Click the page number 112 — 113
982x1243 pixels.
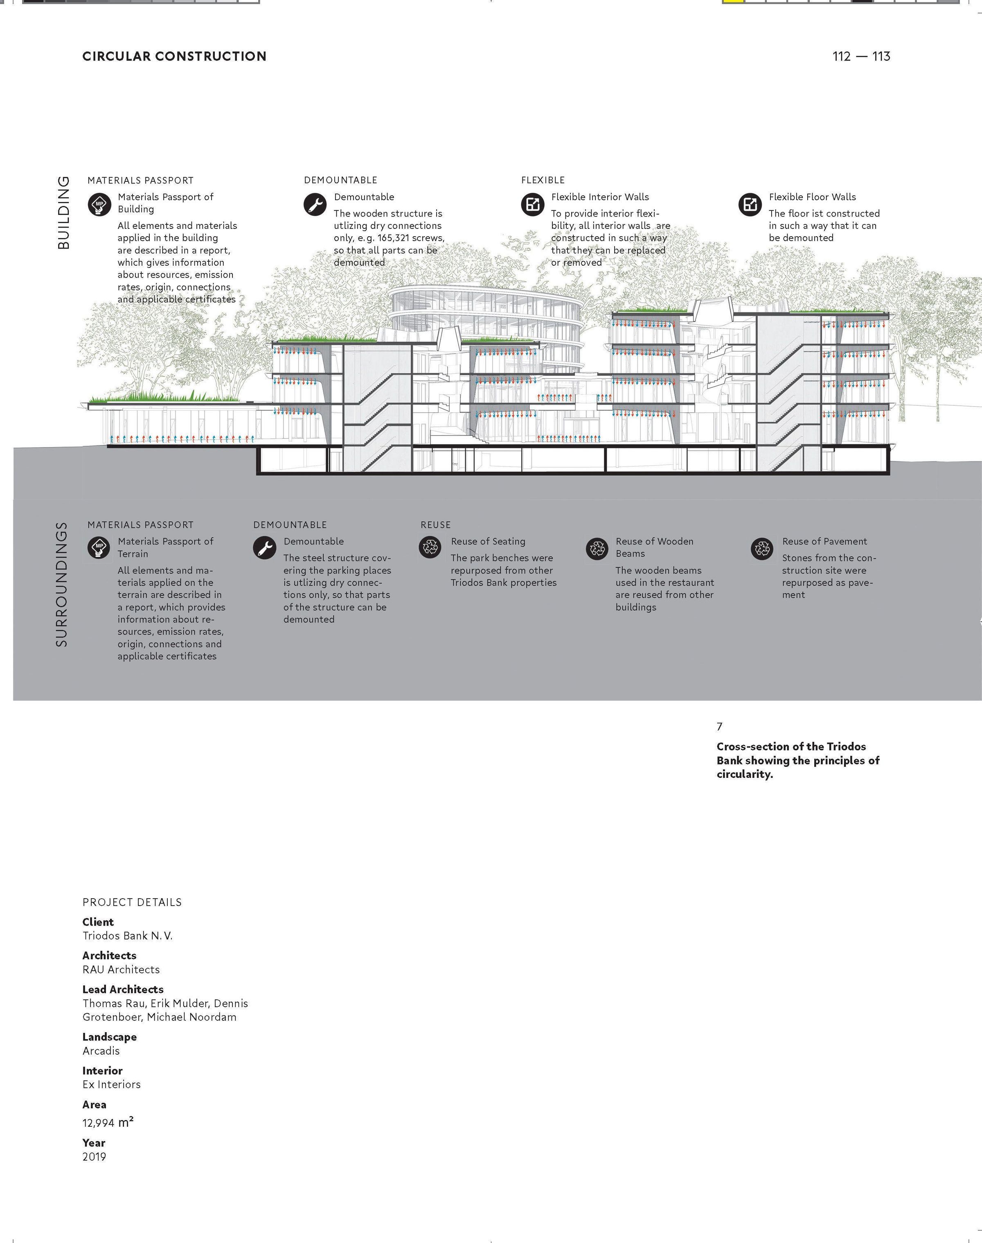861,56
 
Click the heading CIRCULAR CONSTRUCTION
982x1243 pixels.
174,56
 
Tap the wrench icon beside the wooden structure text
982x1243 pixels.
315,205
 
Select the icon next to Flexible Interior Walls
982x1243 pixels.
532,204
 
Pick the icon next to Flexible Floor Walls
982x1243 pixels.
750,204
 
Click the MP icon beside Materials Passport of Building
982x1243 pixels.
99,205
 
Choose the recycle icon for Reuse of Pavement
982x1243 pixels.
762,549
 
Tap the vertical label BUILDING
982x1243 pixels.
64,213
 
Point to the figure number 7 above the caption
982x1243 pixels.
719,726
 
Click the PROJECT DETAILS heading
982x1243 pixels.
132,902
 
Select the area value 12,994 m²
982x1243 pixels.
108,1122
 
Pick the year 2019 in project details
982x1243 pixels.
94,1157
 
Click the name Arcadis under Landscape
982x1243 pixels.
101,1051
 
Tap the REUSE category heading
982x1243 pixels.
435,524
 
